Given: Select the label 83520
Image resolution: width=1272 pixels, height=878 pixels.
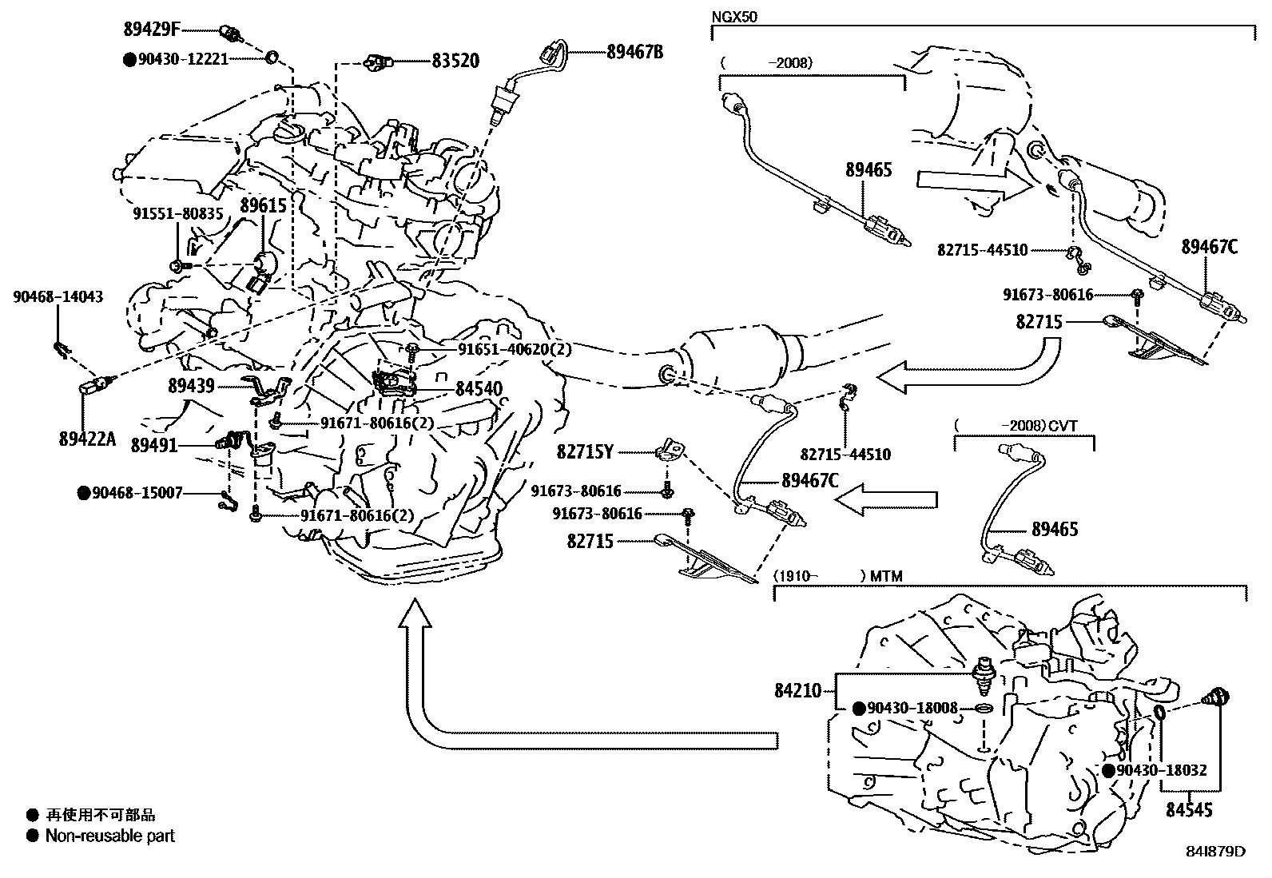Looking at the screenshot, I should tap(455, 61).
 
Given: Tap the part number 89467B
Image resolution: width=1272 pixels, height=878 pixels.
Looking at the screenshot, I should tap(635, 52).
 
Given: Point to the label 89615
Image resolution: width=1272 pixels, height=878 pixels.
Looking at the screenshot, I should tap(263, 205).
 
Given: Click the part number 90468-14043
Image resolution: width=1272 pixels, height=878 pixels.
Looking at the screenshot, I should tap(58, 297).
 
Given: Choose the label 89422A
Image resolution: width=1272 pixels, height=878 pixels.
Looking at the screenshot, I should tap(87, 439).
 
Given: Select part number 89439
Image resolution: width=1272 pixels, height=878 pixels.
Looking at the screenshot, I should tap(191, 386).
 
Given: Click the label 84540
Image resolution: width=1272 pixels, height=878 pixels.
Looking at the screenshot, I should tap(479, 390).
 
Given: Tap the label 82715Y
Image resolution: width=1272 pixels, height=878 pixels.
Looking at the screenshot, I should tap(585, 452).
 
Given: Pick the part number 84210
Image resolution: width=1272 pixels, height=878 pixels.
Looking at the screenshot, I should tap(797, 690).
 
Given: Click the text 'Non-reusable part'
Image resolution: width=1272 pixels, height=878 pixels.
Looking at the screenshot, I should tap(109, 836).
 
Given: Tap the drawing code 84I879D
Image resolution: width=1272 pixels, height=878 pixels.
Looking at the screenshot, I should tap(1216, 851).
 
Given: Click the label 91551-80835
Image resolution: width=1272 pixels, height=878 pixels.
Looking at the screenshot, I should tap(178, 214).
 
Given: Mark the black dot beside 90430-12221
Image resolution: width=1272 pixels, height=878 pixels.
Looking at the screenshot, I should tap(129, 59).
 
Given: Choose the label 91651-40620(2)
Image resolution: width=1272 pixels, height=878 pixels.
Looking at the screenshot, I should tap(514, 349).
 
